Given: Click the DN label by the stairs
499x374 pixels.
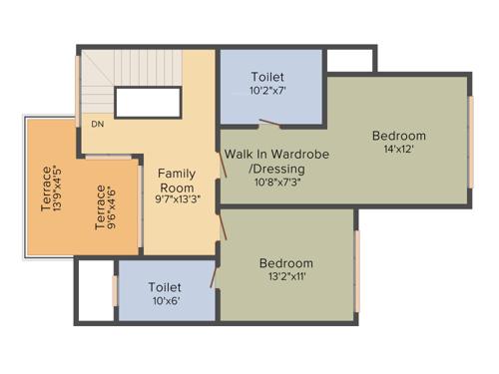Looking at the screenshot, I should pos(98,125).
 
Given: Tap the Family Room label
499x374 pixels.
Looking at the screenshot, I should pos(176,180).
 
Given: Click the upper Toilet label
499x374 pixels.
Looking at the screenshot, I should pos(267,77).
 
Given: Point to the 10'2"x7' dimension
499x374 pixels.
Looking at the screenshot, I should pos(267,92).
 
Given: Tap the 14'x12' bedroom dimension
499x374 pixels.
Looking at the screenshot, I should pos(398,151).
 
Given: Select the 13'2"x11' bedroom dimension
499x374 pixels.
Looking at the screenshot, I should pos(285,277).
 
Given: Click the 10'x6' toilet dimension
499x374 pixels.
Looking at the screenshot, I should pos(165,301).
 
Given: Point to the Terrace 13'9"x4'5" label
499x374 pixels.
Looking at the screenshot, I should pos(52,187).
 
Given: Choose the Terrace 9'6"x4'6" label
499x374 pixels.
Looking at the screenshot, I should pos(105,207).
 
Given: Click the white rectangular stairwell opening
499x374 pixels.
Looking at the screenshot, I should pos(148,102).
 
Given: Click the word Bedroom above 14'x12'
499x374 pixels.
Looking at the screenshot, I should pos(398,136).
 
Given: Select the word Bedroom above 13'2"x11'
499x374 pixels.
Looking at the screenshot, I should pos(286,263).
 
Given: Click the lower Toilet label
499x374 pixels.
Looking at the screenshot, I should pos(165,286).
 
